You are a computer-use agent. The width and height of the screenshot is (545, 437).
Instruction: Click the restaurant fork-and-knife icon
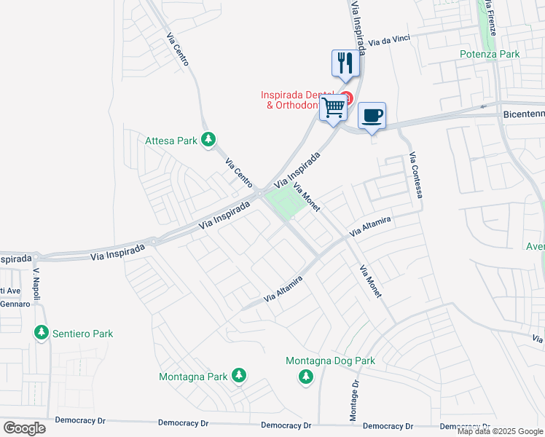tap(345, 63)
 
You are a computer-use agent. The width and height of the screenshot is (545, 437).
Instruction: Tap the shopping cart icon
tap(334, 108)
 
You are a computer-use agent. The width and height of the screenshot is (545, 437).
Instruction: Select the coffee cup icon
tap(372, 115)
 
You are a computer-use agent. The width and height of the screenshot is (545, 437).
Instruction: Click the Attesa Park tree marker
tap(209, 138)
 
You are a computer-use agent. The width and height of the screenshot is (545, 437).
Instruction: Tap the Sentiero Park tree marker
tap(42, 333)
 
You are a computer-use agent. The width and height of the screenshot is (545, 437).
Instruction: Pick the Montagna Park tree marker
tap(238, 376)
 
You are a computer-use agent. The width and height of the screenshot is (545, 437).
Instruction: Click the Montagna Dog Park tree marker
tap(306, 376)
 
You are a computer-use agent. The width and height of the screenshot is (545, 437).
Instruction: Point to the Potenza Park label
tap(490, 54)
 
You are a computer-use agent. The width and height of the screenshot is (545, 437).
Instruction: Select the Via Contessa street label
tap(416, 175)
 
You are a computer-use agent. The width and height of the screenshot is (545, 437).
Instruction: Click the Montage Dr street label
tap(354, 401)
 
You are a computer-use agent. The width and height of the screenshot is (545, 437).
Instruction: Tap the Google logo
tap(24, 428)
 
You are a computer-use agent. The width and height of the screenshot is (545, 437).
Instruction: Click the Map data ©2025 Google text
tap(499, 431)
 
